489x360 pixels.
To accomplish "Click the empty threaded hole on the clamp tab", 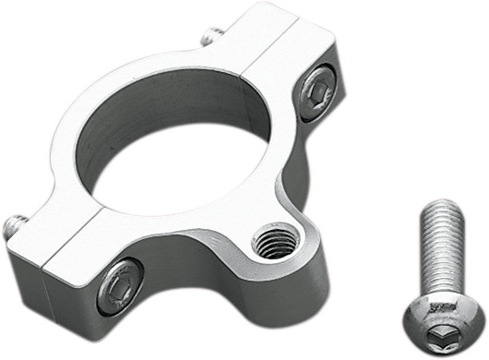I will [275, 241].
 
